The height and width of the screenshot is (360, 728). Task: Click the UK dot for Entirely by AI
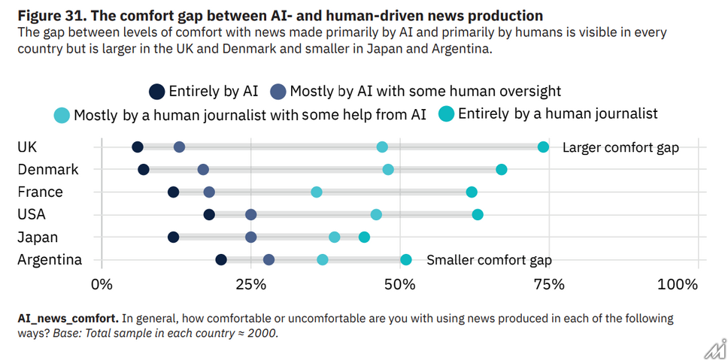[137, 147]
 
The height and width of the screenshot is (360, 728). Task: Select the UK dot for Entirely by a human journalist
[543, 147]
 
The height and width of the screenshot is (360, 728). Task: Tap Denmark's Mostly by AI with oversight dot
[203, 170]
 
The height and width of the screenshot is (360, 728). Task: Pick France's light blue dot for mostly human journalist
[317, 192]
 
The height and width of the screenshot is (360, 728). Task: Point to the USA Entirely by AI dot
[209, 215]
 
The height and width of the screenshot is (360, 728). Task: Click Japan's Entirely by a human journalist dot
[364, 237]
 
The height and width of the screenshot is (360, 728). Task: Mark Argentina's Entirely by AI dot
[221, 260]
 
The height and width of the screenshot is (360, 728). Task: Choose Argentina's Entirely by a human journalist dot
[406, 260]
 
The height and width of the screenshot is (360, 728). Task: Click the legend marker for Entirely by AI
[156, 92]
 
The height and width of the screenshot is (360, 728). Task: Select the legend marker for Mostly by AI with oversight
[278, 92]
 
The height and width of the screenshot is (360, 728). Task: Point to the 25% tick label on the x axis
[250, 284]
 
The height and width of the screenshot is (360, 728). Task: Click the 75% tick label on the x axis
[549, 284]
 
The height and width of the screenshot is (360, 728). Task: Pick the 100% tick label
[678, 284]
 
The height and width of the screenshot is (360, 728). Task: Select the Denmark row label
[48, 170]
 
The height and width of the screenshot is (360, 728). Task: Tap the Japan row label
[37, 237]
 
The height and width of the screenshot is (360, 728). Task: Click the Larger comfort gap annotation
[620, 147]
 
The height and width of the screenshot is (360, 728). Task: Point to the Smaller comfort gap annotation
[489, 260]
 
